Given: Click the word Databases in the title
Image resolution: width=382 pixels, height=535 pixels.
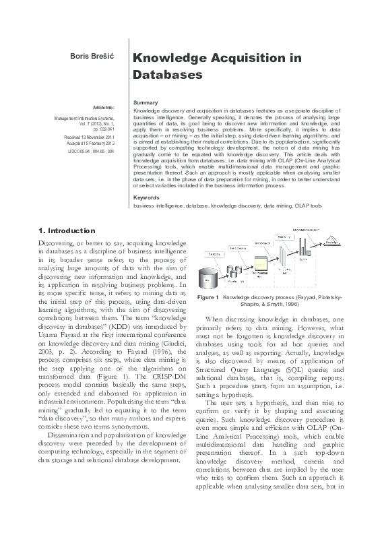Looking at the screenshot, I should [x=168, y=73].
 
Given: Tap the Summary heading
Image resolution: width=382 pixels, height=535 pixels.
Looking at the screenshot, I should [x=146, y=102].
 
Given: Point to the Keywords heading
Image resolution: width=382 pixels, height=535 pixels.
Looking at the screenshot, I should [x=147, y=197].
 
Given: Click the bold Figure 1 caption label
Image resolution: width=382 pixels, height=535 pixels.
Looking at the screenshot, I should [x=208, y=297].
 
